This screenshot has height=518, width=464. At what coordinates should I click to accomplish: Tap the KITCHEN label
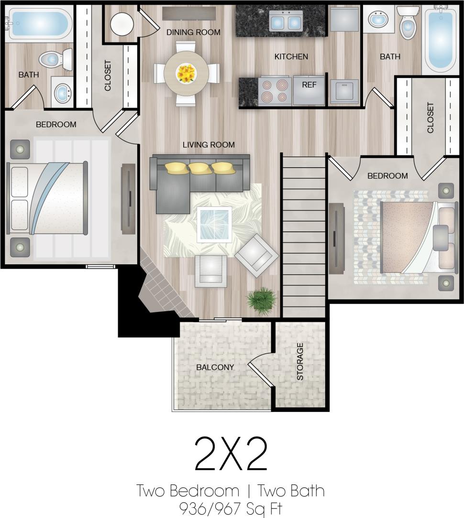pos(291,57)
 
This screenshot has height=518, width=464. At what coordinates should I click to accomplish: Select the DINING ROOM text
pos(193,32)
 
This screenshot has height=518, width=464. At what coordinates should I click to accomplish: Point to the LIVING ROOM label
pos(209,145)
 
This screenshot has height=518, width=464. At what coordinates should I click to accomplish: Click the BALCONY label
pos(215,367)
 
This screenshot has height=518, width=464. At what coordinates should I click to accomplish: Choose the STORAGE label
pos(300,361)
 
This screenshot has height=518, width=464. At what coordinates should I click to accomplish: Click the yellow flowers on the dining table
pos(186,73)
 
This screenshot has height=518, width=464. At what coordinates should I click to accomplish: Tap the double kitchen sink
pos(286,21)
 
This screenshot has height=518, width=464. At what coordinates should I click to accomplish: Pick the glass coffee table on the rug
pos(215,224)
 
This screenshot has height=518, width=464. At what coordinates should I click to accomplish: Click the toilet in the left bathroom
pos(53,59)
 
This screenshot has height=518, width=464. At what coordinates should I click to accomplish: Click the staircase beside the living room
pos(304,234)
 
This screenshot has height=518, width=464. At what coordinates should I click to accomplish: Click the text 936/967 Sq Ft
pos(231,507)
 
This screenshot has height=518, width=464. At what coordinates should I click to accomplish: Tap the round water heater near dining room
pos(122,23)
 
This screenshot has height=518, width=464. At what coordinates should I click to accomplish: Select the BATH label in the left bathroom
pos(29,75)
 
